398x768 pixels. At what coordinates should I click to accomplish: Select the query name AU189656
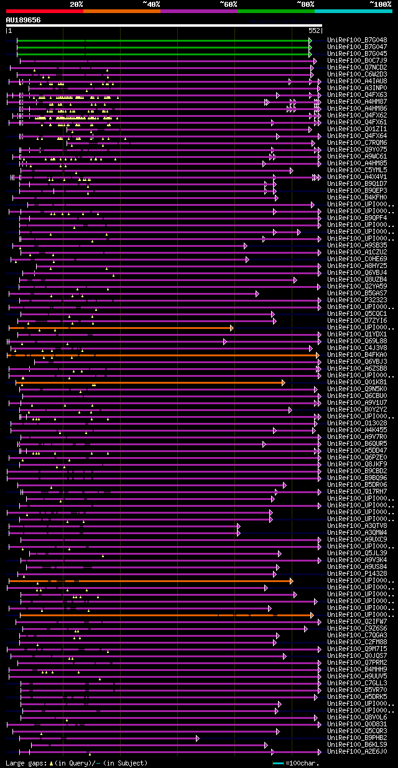(23, 20)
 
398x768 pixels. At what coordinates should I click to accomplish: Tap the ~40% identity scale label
(151, 4)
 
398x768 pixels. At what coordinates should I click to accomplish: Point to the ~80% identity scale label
(305, 4)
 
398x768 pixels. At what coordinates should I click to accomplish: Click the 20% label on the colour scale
(76, 4)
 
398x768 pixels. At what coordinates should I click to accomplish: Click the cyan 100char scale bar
(278, 763)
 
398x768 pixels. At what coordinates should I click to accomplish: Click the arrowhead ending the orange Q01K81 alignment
(283, 382)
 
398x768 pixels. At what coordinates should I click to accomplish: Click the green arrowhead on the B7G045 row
(310, 53)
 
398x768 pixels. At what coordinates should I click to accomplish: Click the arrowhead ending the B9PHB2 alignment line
(198, 738)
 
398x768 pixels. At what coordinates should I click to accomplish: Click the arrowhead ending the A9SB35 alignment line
(245, 246)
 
